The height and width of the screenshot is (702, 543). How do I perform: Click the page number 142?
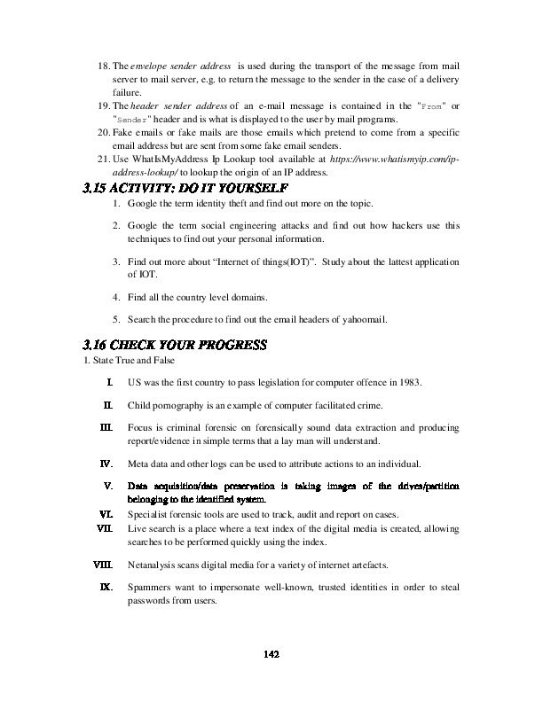[x=272, y=654]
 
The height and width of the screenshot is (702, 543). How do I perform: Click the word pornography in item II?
[x=177, y=405]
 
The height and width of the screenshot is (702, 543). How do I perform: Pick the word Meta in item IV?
[x=138, y=463]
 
